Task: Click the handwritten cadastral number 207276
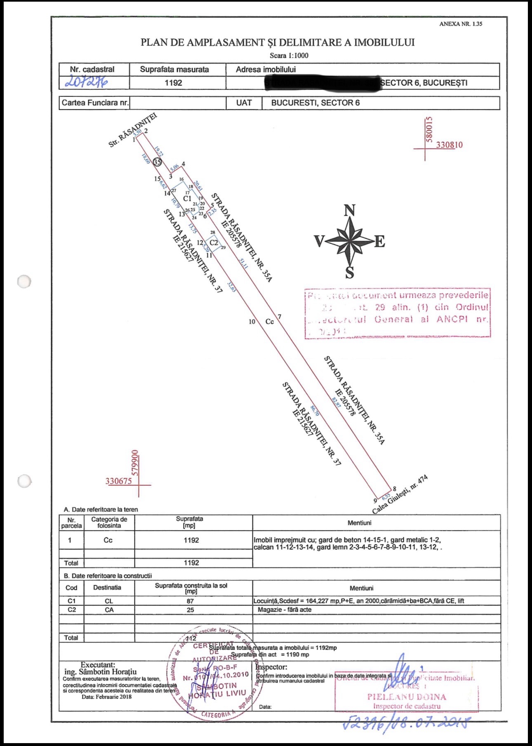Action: click(x=86, y=82)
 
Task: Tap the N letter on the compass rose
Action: click(x=349, y=210)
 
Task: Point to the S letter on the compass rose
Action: click(x=349, y=273)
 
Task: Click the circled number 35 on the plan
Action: click(x=157, y=162)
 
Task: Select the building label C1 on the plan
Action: click(x=187, y=198)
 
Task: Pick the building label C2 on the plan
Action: click(x=214, y=242)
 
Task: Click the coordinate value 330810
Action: click(x=449, y=145)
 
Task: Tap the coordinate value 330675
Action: click(x=119, y=481)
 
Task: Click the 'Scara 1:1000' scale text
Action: click(x=289, y=56)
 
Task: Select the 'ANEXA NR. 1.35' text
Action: click(x=460, y=24)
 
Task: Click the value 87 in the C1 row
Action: click(x=190, y=601)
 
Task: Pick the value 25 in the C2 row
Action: click(x=190, y=610)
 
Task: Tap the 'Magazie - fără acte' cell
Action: click(x=285, y=610)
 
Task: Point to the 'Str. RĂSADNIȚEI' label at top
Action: click(x=133, y=130)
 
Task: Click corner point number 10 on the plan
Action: click(x=252, y=322)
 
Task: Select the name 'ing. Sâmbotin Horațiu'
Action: click(x=100, y=672)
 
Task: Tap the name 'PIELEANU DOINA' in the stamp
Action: click(x=407, y=697)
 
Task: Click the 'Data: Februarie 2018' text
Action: click(x=106, y=697)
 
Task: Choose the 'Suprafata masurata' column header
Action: click(x=174, y=69)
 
